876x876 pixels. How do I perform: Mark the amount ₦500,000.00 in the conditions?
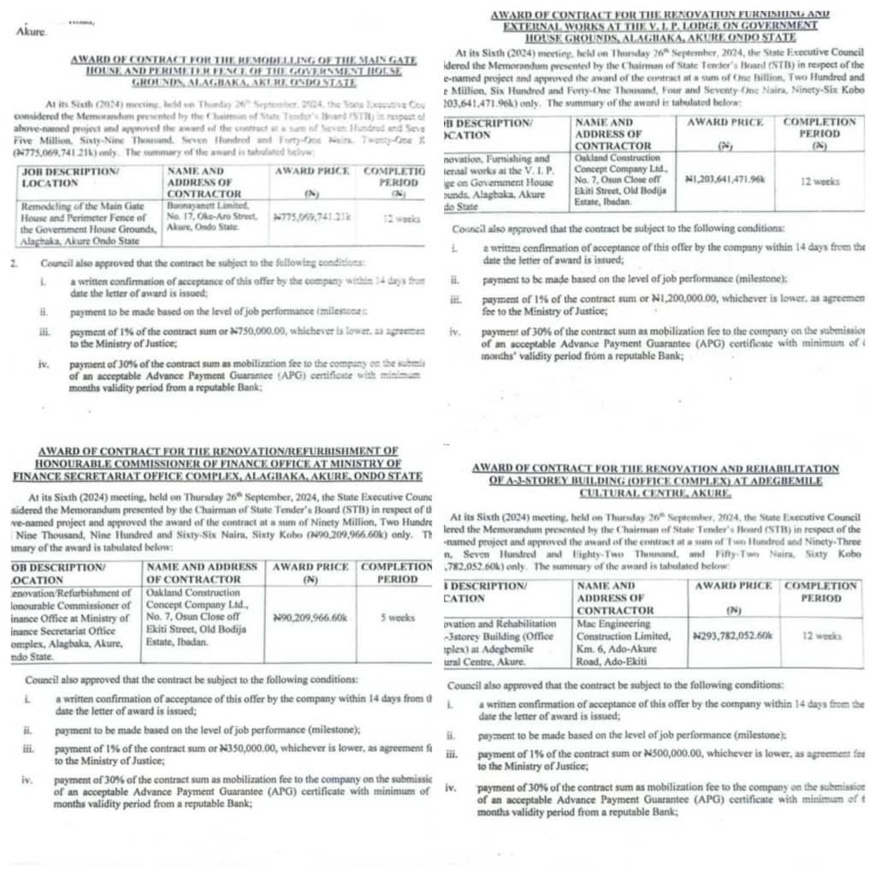pyautogui.click(x=660, y=755)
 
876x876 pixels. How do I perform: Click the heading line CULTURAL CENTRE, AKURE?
pyautogui.click(x=656, y=493)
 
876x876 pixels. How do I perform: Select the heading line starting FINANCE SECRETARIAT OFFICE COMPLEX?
pyautogui.click(x=218, y=476)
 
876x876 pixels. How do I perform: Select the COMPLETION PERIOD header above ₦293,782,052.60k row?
pyautogui.click(x=820, y=591)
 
